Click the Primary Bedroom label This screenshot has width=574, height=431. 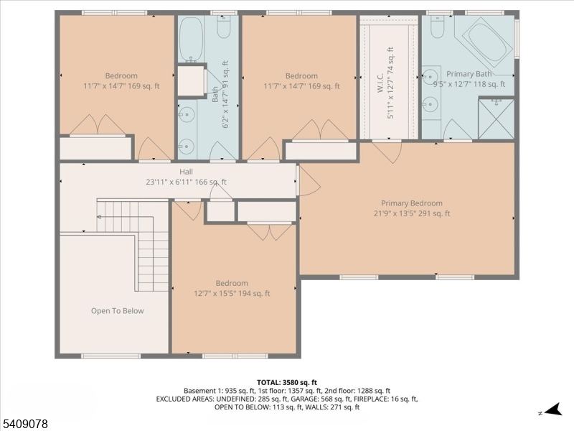coord(412,203)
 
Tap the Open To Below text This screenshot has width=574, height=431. coord(118,311)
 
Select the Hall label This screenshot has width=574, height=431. coord(186,172)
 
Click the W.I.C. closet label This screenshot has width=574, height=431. coord(380,83)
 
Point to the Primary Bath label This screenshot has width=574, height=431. coord(469,74)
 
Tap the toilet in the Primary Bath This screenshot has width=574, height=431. coord(438,27)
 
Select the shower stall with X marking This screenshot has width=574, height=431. coord(496,119)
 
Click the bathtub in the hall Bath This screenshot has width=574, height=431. coord(191,40)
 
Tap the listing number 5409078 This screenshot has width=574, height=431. coord(24,424)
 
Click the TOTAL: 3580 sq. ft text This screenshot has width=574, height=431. coord(287,383)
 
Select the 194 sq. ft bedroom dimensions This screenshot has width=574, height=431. coord(232,294)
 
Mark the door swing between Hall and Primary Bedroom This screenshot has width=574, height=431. coord(309,181)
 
